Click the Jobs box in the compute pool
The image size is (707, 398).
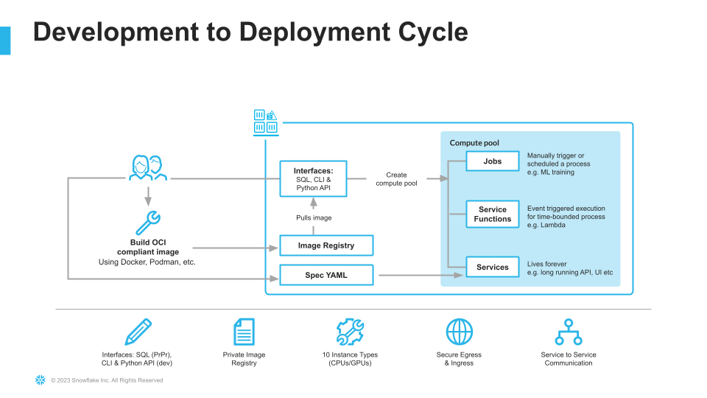coord(493,161)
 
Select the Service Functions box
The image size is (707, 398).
coord(493,214)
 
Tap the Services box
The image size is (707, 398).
coord(493,267)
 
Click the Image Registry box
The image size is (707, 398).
coord(326,245)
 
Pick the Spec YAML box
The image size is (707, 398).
coord(326,275)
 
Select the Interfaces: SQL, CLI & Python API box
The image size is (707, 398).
coord(313,178)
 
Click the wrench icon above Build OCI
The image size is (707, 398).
coord(148,223)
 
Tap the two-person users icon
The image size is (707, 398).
coord(148,168)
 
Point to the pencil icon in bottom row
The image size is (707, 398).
coord(138,332)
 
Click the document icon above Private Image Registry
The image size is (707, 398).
coord(244,332)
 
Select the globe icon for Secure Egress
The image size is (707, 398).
coord(459,332)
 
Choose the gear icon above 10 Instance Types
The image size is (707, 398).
coord(350,332)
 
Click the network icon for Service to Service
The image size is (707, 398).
coord(569,332)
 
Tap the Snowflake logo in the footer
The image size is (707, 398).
coord(40,380)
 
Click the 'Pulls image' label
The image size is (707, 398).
coord(314,218)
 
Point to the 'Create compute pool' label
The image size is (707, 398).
coord(396,179)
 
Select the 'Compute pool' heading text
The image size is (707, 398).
coord(474,142)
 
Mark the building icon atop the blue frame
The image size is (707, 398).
coord(265,122)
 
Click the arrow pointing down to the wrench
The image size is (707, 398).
coord(148,196)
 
